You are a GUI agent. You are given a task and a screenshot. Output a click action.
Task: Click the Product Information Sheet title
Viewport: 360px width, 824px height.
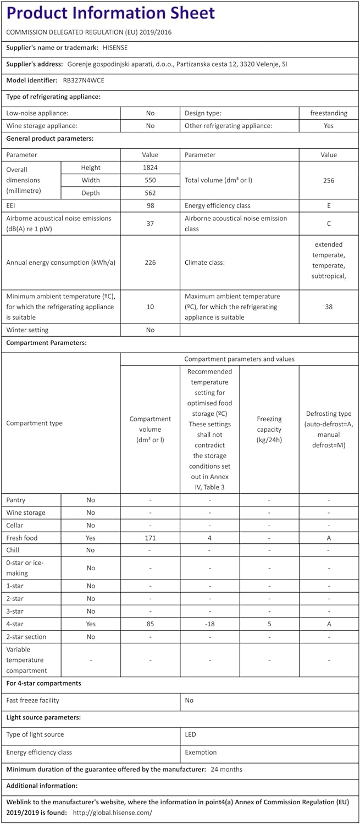(x=110, y=13)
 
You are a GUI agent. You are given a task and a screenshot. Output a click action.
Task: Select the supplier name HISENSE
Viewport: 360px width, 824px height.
(x=115, y=48)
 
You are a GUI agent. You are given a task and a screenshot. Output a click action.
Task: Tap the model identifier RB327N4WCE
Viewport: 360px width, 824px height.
(x=84, y=80)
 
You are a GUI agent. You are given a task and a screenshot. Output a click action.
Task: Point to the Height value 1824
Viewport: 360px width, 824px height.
(x=150, y=168)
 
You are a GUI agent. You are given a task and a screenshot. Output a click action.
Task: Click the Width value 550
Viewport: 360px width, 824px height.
(x=150, y=180)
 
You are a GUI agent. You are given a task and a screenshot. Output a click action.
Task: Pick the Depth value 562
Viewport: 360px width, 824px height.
(x=150, y=193)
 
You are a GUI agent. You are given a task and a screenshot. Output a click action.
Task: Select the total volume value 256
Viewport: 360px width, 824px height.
(x=329, y=180)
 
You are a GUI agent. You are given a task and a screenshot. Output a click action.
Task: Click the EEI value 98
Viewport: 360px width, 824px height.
(x=150, y=205)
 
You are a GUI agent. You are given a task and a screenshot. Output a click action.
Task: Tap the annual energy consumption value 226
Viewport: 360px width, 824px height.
(x=150, y=263)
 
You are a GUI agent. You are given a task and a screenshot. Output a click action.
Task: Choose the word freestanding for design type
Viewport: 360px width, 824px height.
(x=329, y=113)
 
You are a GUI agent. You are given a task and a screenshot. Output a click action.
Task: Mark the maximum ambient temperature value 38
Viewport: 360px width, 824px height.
(x=329, y=307)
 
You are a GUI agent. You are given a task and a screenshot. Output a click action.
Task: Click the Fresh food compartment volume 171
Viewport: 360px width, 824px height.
(x=150, y=538)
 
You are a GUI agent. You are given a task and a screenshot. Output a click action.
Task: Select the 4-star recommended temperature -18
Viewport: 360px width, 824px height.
(x=209, y=624)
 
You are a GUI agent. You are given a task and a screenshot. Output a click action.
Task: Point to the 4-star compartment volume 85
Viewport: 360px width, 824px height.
(x=150, y=624)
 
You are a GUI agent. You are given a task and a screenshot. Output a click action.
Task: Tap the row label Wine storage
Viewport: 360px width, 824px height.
(x=26, y=513)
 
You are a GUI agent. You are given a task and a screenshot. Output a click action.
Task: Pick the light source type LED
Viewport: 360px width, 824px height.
(x=191, y=734)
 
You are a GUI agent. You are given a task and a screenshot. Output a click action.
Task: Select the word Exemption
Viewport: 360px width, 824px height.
(x=201, y=752)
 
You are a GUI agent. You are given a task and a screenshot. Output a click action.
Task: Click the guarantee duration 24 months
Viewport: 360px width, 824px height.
(x=226, y=769)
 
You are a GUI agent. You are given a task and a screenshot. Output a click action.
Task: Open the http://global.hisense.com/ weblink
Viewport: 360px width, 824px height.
(x=112, y=812)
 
